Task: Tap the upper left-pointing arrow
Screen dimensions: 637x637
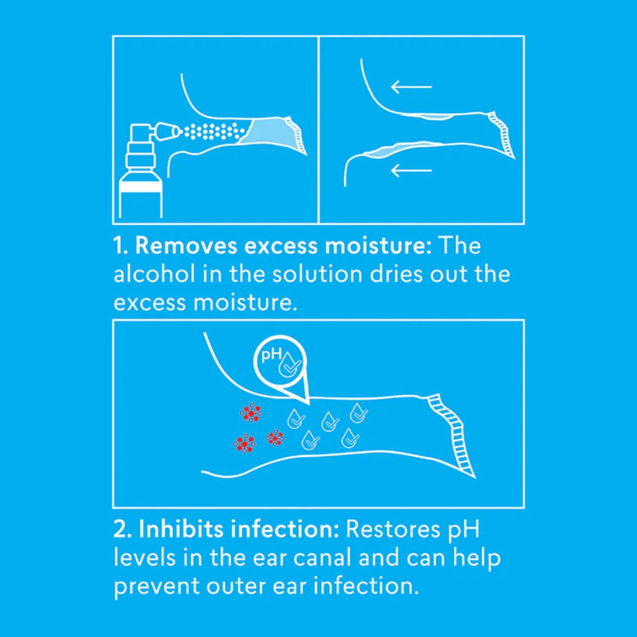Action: [411, 87]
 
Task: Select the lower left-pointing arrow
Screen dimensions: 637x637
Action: [411, 170]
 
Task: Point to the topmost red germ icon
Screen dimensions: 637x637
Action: [252, 412]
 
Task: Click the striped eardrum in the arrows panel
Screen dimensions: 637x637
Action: [501, 135]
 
